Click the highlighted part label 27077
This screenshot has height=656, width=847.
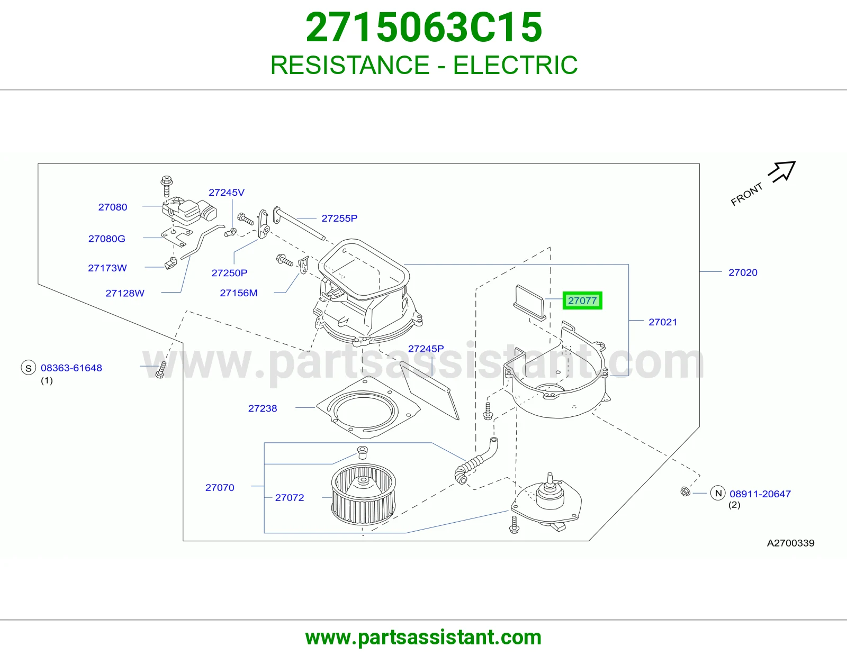[582, 300]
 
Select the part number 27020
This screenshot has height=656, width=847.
[743, 272]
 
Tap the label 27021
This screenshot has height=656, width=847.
[663, 322]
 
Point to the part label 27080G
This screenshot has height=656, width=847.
[107, 239]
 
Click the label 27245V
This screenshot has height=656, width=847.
[227, 193]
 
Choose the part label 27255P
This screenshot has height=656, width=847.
[339, 218]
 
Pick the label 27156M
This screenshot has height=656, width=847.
[239, 293]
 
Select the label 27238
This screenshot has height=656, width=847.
[263, 408]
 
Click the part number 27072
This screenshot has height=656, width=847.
[289, 497]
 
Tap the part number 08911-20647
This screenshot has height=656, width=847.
[760, 494]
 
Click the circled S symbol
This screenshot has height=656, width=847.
[29, 368]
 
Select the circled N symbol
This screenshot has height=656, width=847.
[718, 493]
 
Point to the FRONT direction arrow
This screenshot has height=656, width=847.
[781, 172]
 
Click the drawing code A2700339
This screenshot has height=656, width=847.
[790, 543]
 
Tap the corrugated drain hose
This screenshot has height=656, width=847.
[476, 461]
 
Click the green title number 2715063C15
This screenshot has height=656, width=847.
[424, 28]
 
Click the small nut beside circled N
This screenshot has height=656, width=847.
[685, 491]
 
